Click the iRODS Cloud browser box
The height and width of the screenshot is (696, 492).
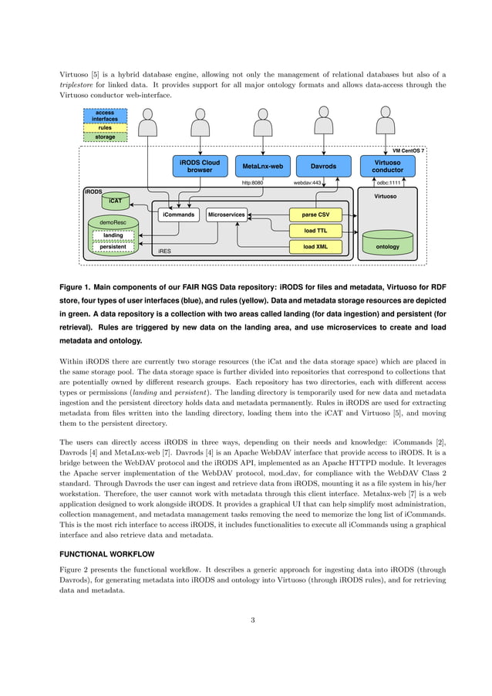[x=200, y=166]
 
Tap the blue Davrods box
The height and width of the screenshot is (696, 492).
[x=322, y=166]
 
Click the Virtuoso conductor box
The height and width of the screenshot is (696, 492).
[x=387, y=166]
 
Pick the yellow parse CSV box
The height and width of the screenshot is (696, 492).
[x=315, y=214]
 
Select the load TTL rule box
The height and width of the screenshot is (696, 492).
[x=315, y=230]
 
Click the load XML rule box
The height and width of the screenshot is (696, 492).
[x=315, y=247]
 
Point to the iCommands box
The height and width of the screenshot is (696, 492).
[x=178, y=214]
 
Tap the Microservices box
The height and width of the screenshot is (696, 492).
[x=227, y=214]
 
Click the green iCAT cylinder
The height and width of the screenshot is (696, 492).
[x=115, y=201]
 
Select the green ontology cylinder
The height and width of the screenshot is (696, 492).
[x=387, y=243]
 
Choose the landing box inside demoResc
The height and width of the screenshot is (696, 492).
[x=113, y=235]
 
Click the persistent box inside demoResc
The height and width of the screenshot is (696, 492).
[x=113, y=247]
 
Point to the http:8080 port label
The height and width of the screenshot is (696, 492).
[x=253, y=183]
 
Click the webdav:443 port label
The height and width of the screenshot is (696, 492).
[x=308, y=183]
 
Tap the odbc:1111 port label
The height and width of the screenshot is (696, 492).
[x=387, y=183]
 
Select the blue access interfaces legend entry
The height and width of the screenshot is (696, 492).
[x=106, y=116]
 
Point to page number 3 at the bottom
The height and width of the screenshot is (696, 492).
[x=252, y=619]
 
